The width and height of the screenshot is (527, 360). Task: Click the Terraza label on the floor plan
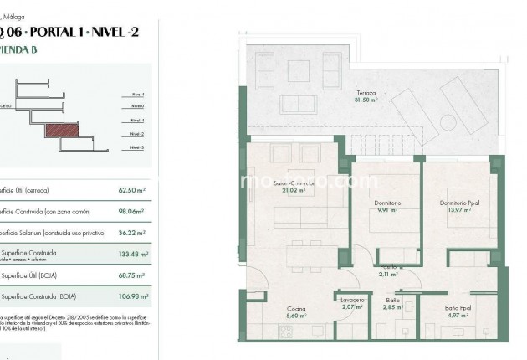(366, 93)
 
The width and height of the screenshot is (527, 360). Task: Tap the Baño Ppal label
(456, 309)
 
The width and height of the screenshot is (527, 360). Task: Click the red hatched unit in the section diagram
(59, 131)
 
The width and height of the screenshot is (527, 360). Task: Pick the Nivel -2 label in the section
(137, 133)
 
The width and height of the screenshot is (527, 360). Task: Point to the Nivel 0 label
(137, 106)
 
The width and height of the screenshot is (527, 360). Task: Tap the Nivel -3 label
(137, 147)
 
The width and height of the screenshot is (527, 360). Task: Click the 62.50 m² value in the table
(133, 190)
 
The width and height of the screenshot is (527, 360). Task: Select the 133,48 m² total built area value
(133, 255)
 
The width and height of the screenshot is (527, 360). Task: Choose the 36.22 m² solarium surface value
(133, 233)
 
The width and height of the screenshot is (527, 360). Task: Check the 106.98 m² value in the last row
(133, 296)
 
